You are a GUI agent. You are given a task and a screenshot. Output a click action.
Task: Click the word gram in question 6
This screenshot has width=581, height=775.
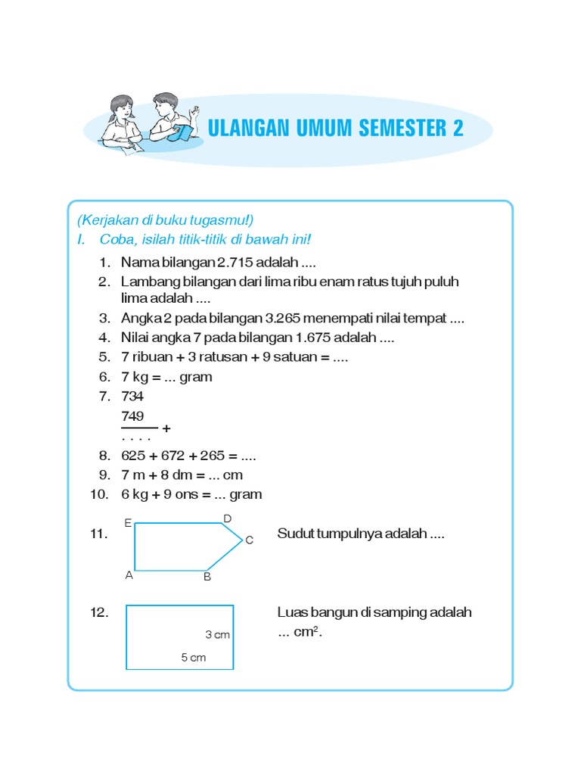(x=196, y=377)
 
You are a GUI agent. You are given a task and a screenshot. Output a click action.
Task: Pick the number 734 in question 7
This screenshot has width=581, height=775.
(x=132, y=396)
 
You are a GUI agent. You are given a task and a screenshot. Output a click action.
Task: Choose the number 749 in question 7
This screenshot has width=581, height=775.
(x=132, y=416)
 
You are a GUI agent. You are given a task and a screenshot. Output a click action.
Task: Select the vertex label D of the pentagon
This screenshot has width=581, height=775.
(x=226, y=518)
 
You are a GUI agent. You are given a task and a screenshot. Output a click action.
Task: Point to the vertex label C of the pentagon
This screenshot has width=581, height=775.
(x=249, y=540)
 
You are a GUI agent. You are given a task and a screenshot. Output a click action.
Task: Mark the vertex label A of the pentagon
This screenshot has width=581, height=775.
(x=129, y=575)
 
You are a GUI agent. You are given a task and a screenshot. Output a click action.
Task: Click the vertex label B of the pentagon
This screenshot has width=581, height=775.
(x=207, y=577)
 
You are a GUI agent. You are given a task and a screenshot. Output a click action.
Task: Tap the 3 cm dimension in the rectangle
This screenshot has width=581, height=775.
(x=217, y=635)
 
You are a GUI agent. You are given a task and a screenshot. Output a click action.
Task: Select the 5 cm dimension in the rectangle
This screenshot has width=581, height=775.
(x=193, y=658)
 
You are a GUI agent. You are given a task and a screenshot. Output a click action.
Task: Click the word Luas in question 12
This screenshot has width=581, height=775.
(x=293, y=612)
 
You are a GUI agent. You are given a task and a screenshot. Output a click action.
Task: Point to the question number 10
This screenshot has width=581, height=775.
(x=98, y=494)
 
